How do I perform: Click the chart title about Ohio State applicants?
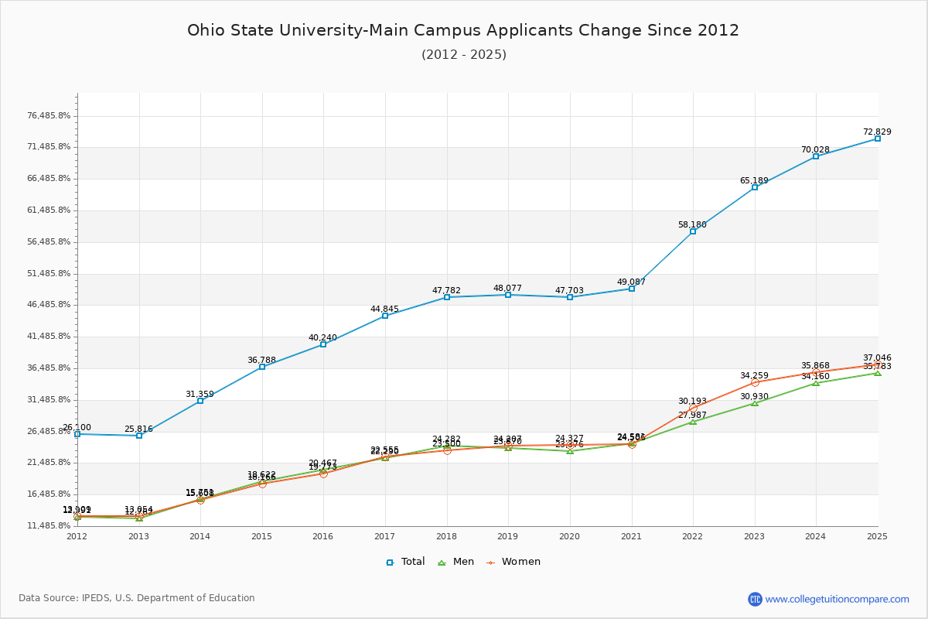point(463,30)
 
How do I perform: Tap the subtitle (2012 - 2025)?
point(464,54)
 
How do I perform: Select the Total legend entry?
point(405,562)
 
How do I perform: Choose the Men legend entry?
point(457,562)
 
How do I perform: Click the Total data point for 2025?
point(878,139)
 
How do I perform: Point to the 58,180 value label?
point(692,224)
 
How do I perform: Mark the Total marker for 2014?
point(200,401)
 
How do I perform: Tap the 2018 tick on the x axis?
point(446,535)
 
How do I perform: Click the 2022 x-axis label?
point(692,535)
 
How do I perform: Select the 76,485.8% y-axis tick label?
point(49,116)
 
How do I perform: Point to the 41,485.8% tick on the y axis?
point(49,337)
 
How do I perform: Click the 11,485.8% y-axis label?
point(49,526)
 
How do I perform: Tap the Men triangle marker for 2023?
point(755,403)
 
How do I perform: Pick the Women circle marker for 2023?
point(755,382)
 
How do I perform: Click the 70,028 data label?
point(815,149)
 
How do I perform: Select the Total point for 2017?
point(385,316)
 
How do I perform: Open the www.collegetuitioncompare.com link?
point(837,599)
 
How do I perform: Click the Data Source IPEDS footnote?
point(137,598)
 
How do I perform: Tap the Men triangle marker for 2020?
point(570,450)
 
